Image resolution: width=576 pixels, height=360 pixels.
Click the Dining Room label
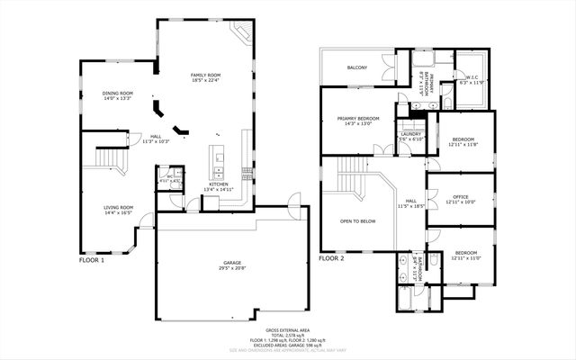(118, 93)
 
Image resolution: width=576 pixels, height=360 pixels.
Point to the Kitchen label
(220, 184)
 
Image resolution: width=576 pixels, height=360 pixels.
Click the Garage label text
(232, 264)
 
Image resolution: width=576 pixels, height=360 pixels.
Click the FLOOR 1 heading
(92, 259)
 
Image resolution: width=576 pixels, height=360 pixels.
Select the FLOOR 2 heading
(331, 258)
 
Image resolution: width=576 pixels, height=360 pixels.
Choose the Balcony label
(357, 67)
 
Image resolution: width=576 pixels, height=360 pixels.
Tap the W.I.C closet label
(472, 77)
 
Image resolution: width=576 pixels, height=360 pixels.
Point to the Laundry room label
(410, 134)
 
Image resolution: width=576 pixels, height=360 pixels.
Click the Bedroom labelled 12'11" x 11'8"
(463, 139)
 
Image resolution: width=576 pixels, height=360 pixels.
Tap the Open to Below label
(357, 220)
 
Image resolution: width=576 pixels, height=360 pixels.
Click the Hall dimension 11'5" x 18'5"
(410, 206)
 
